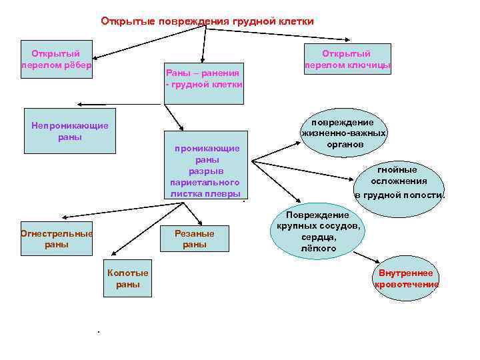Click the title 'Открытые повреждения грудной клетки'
(x=207, y=21)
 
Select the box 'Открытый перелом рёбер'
(x=56, y=59)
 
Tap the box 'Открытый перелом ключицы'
(x=347, y=59)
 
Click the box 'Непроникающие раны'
(x=69, y=131)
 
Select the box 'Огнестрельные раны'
(x=57, y=239)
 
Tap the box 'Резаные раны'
(x=195, y=239)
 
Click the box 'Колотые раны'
(x=128, y=279)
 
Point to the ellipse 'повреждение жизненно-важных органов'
(x=344, y=133)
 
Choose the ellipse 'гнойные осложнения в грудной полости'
(x=399, y=182)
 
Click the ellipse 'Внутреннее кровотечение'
(x=406, y=279)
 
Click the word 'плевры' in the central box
(x=225, y=193)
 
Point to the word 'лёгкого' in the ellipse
(x=318, y=248)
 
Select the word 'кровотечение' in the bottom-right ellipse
(x=406, y=285)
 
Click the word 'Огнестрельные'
(x=57, y=233)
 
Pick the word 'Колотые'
(x=128, y=273)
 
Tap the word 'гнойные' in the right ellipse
(x=399, y=169)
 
